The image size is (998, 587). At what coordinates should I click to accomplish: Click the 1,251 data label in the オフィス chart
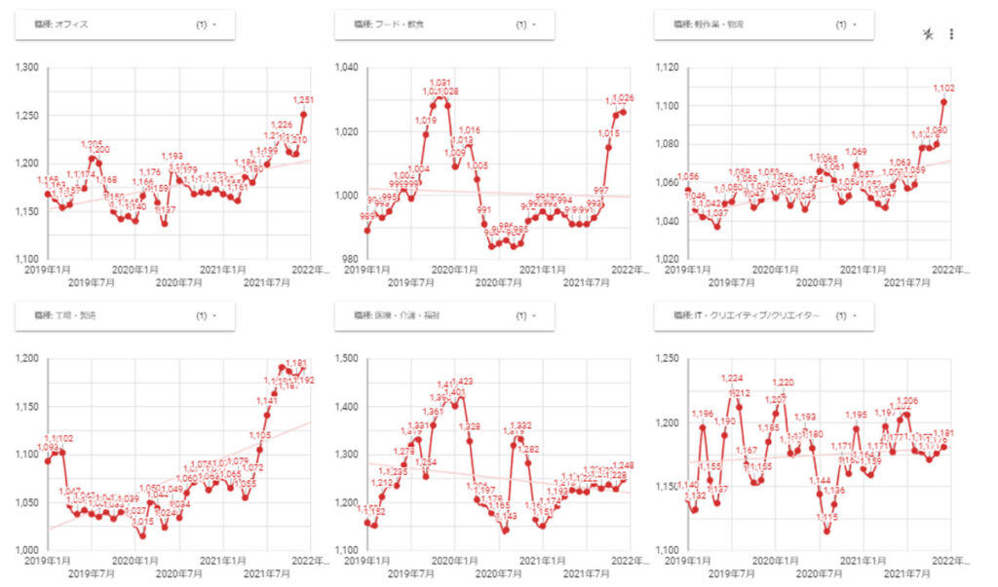tap(304, 100)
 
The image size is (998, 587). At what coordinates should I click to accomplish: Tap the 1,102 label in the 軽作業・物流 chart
tap(943, 89)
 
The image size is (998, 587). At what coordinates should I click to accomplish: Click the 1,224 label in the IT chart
tap(731, 379)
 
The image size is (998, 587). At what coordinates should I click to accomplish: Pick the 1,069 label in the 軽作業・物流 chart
tap(856, 152)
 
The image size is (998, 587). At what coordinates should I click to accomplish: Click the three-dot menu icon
tap(951, 34)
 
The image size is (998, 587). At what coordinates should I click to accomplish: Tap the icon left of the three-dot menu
tap(928, 34)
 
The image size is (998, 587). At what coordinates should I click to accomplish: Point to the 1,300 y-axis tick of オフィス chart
tap(27, 68)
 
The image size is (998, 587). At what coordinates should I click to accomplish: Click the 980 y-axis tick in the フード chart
tap(349, 259)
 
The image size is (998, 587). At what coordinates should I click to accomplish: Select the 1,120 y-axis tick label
tap(668, 68)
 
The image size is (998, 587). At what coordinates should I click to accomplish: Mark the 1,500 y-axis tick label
tap(347, 359)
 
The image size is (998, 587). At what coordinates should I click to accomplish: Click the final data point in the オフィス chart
tap(304, 114)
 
